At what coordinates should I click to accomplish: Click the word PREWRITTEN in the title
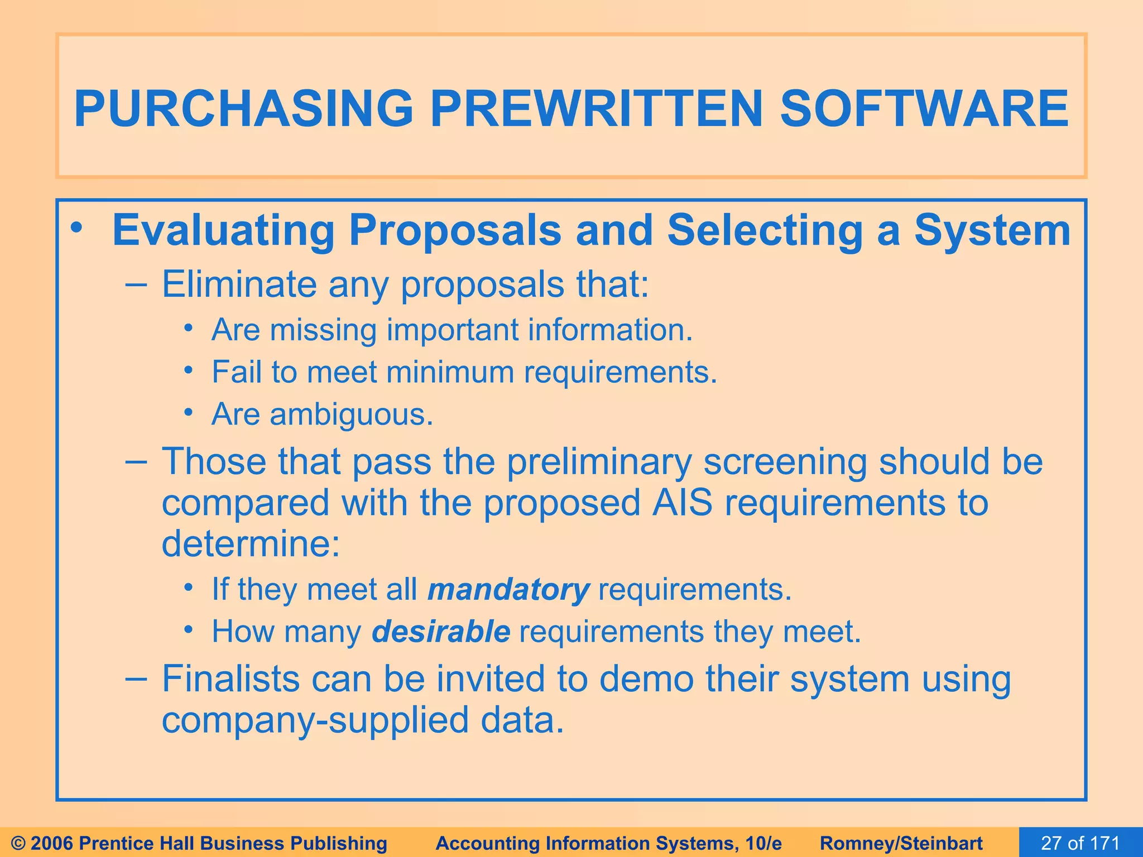(x=596, y=108)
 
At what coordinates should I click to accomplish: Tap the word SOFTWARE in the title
(x=924, y=108)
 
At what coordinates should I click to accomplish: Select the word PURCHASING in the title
(x=243, y=108)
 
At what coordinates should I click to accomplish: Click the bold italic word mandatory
(x=508, y=589)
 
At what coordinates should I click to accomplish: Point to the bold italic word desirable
(x=441, y=632)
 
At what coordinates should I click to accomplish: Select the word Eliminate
(x=239, y=285)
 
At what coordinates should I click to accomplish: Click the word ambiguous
(x=352, y=415)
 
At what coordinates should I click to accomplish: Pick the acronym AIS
(x=683, y=502)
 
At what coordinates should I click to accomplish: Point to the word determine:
(x=251, y=543)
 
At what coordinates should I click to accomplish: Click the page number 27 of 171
(x=1080, y=843)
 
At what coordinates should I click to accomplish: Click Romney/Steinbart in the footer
(x=901, y=843)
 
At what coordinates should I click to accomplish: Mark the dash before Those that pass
(x=137, y=463)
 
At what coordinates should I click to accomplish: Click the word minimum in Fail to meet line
(x=450, y=372)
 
